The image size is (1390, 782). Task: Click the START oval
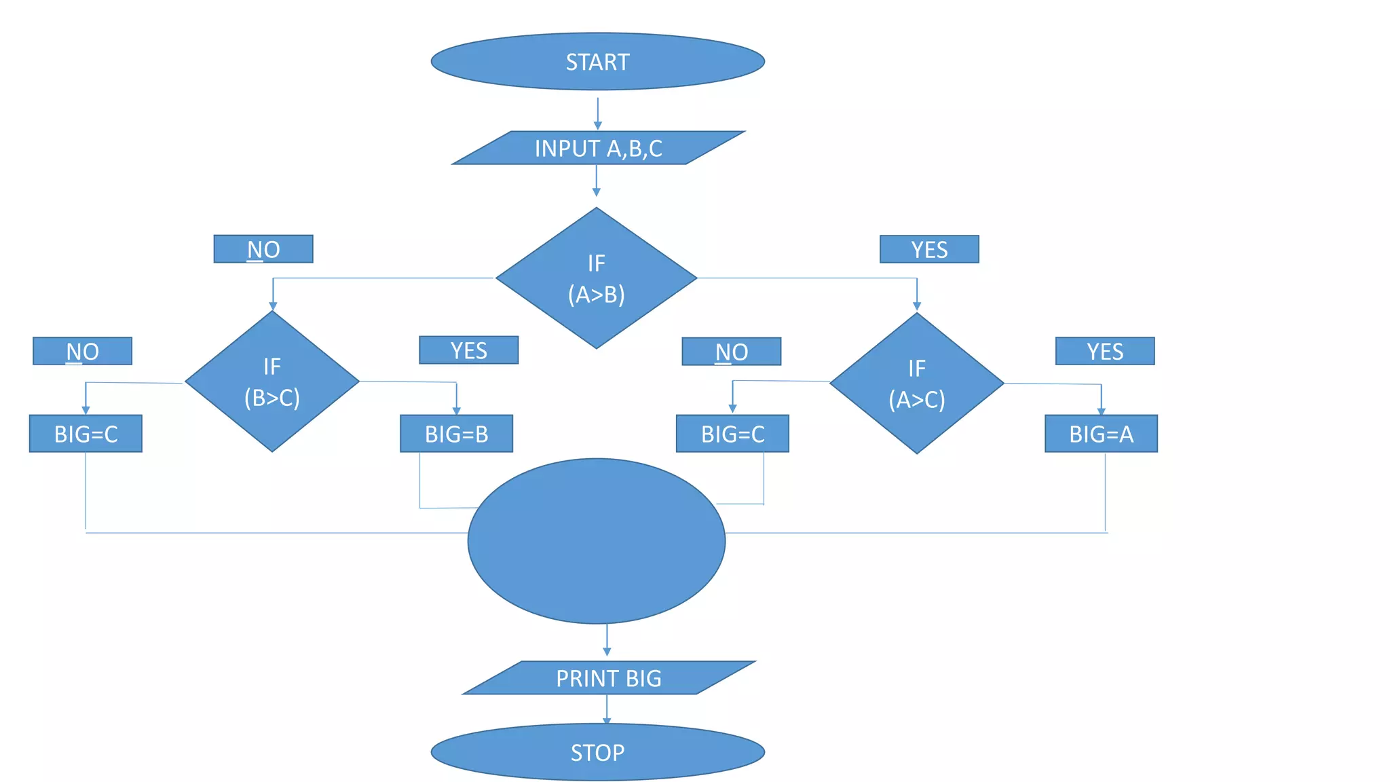click(597, 62)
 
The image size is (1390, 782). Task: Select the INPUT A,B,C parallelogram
click(598, 148)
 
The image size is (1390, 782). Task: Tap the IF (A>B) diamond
click(596, 278)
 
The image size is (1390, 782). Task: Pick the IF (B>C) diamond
click(271, 381)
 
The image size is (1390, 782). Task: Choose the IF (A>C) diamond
click(916, 384)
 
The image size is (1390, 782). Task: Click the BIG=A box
click(1101, 434)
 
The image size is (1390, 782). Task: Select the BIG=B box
click(456, 434)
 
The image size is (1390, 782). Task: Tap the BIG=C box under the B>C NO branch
click(86, 434)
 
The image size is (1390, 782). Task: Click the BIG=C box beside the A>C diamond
click(732, 434)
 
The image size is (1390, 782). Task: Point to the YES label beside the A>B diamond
click(929, 249)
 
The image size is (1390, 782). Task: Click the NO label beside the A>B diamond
click(263, 249)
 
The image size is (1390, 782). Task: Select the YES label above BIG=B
click(468, 350)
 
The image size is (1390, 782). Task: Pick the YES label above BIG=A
click(1105, 351)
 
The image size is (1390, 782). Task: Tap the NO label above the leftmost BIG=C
click(82, 351)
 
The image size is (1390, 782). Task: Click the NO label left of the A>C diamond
click(731, 352)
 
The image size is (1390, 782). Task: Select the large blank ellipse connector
click(596, 541)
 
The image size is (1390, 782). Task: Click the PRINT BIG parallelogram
click(608, 677)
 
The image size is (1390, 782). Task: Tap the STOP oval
click(597, 752)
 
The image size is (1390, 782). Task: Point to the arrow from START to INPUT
click(597, 113)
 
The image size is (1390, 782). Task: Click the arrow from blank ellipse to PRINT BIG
click(607, 640)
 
